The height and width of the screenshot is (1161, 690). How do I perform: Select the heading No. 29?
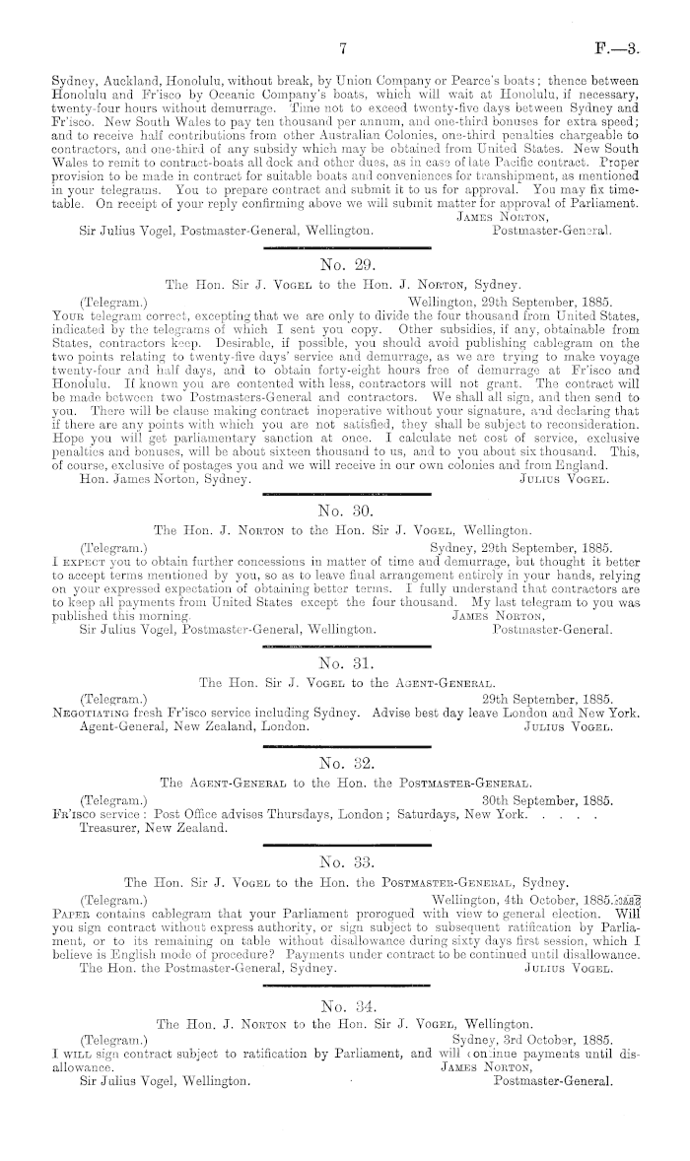coord(344,264)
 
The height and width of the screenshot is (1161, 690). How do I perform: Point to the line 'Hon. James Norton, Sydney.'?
coord(168,478)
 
